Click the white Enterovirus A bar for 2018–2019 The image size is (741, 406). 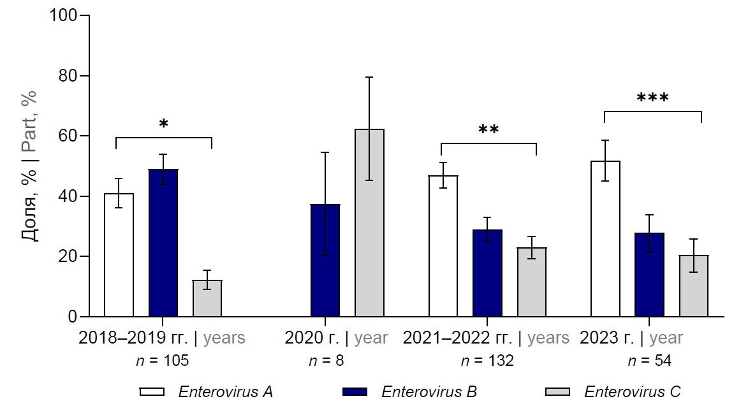pyautogui.click(x=119, y=255)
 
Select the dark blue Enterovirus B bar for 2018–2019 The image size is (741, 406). pyautogui.click(x=163, y=243)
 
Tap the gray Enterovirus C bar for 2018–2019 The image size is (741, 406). pyautogui.click(x=207, y=298)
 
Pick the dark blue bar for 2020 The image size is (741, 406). pyautogui.click(x=325, y=261)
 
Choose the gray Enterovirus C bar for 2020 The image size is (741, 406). pyautogui.click(x=369, y=223)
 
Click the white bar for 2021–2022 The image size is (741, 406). pyautogui.click(x=443, y=246)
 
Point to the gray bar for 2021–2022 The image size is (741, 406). pyautogui.click(x=532, y=282)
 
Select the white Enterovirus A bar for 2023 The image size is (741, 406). pyautogui.click(x=605, y=239)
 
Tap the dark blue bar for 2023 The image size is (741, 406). pyautogui.click(x=650, y=275)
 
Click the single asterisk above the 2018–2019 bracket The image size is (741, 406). pyautogui.click(x=164, y=124)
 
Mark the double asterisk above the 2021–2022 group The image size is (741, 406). pyautogui.click(x=488, y=130)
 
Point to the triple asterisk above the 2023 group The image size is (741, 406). pyautogui.click(x=652, y=99)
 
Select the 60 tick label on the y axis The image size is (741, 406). pyautogui.click(x=66, y=136)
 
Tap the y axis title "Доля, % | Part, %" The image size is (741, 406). pyautogui.click(x=29, y=166)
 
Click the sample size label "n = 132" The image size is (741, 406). pyautogui.click(x=488, y=361)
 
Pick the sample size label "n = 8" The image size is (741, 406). pyautogui.click(x=326, y=361)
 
